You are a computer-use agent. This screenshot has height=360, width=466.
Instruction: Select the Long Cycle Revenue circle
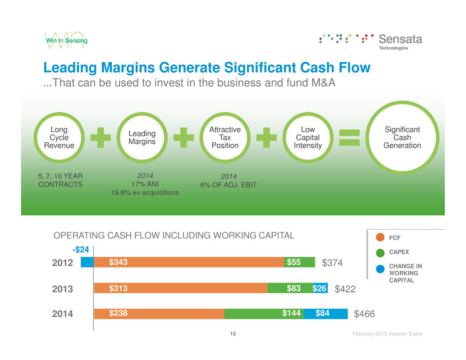coord(59,137)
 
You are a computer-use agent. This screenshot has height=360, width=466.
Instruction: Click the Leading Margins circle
coord(142,137)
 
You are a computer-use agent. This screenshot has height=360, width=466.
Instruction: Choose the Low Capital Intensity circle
coord(308,137)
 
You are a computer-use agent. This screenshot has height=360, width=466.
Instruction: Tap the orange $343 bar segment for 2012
coord(189,262)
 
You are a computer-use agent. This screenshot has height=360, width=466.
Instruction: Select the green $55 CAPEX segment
coord(299,262)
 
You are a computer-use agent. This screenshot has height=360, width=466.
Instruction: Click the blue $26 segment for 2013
coord(320,288)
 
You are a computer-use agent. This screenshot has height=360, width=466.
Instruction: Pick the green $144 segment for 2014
coord(264,314)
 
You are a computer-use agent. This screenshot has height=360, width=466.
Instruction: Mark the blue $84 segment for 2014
coord(325,314)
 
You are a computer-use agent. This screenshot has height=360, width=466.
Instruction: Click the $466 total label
coord(364,314)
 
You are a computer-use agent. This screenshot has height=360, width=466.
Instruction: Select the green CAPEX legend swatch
coord(380,253)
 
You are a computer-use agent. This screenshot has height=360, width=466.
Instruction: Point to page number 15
coord(233,334)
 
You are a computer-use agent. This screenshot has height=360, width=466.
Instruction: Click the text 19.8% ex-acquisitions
coord(145,193)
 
